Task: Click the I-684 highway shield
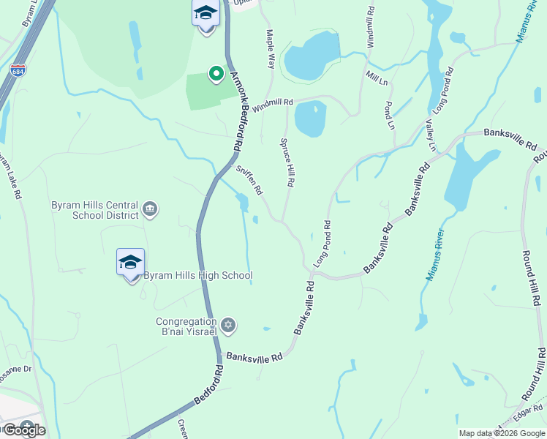[x=17, y=71]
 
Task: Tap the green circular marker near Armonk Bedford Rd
[x=216, y=73]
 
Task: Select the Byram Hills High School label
[x=197, y=276]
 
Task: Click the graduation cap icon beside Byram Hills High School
[x=130, y=263]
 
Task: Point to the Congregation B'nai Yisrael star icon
[x=227, y=325]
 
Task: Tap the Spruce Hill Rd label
[x=287, y=163]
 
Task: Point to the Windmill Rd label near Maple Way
[x=273, y=105]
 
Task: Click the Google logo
[x=23, y=430]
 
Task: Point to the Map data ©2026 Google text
[x=502, y=433]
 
